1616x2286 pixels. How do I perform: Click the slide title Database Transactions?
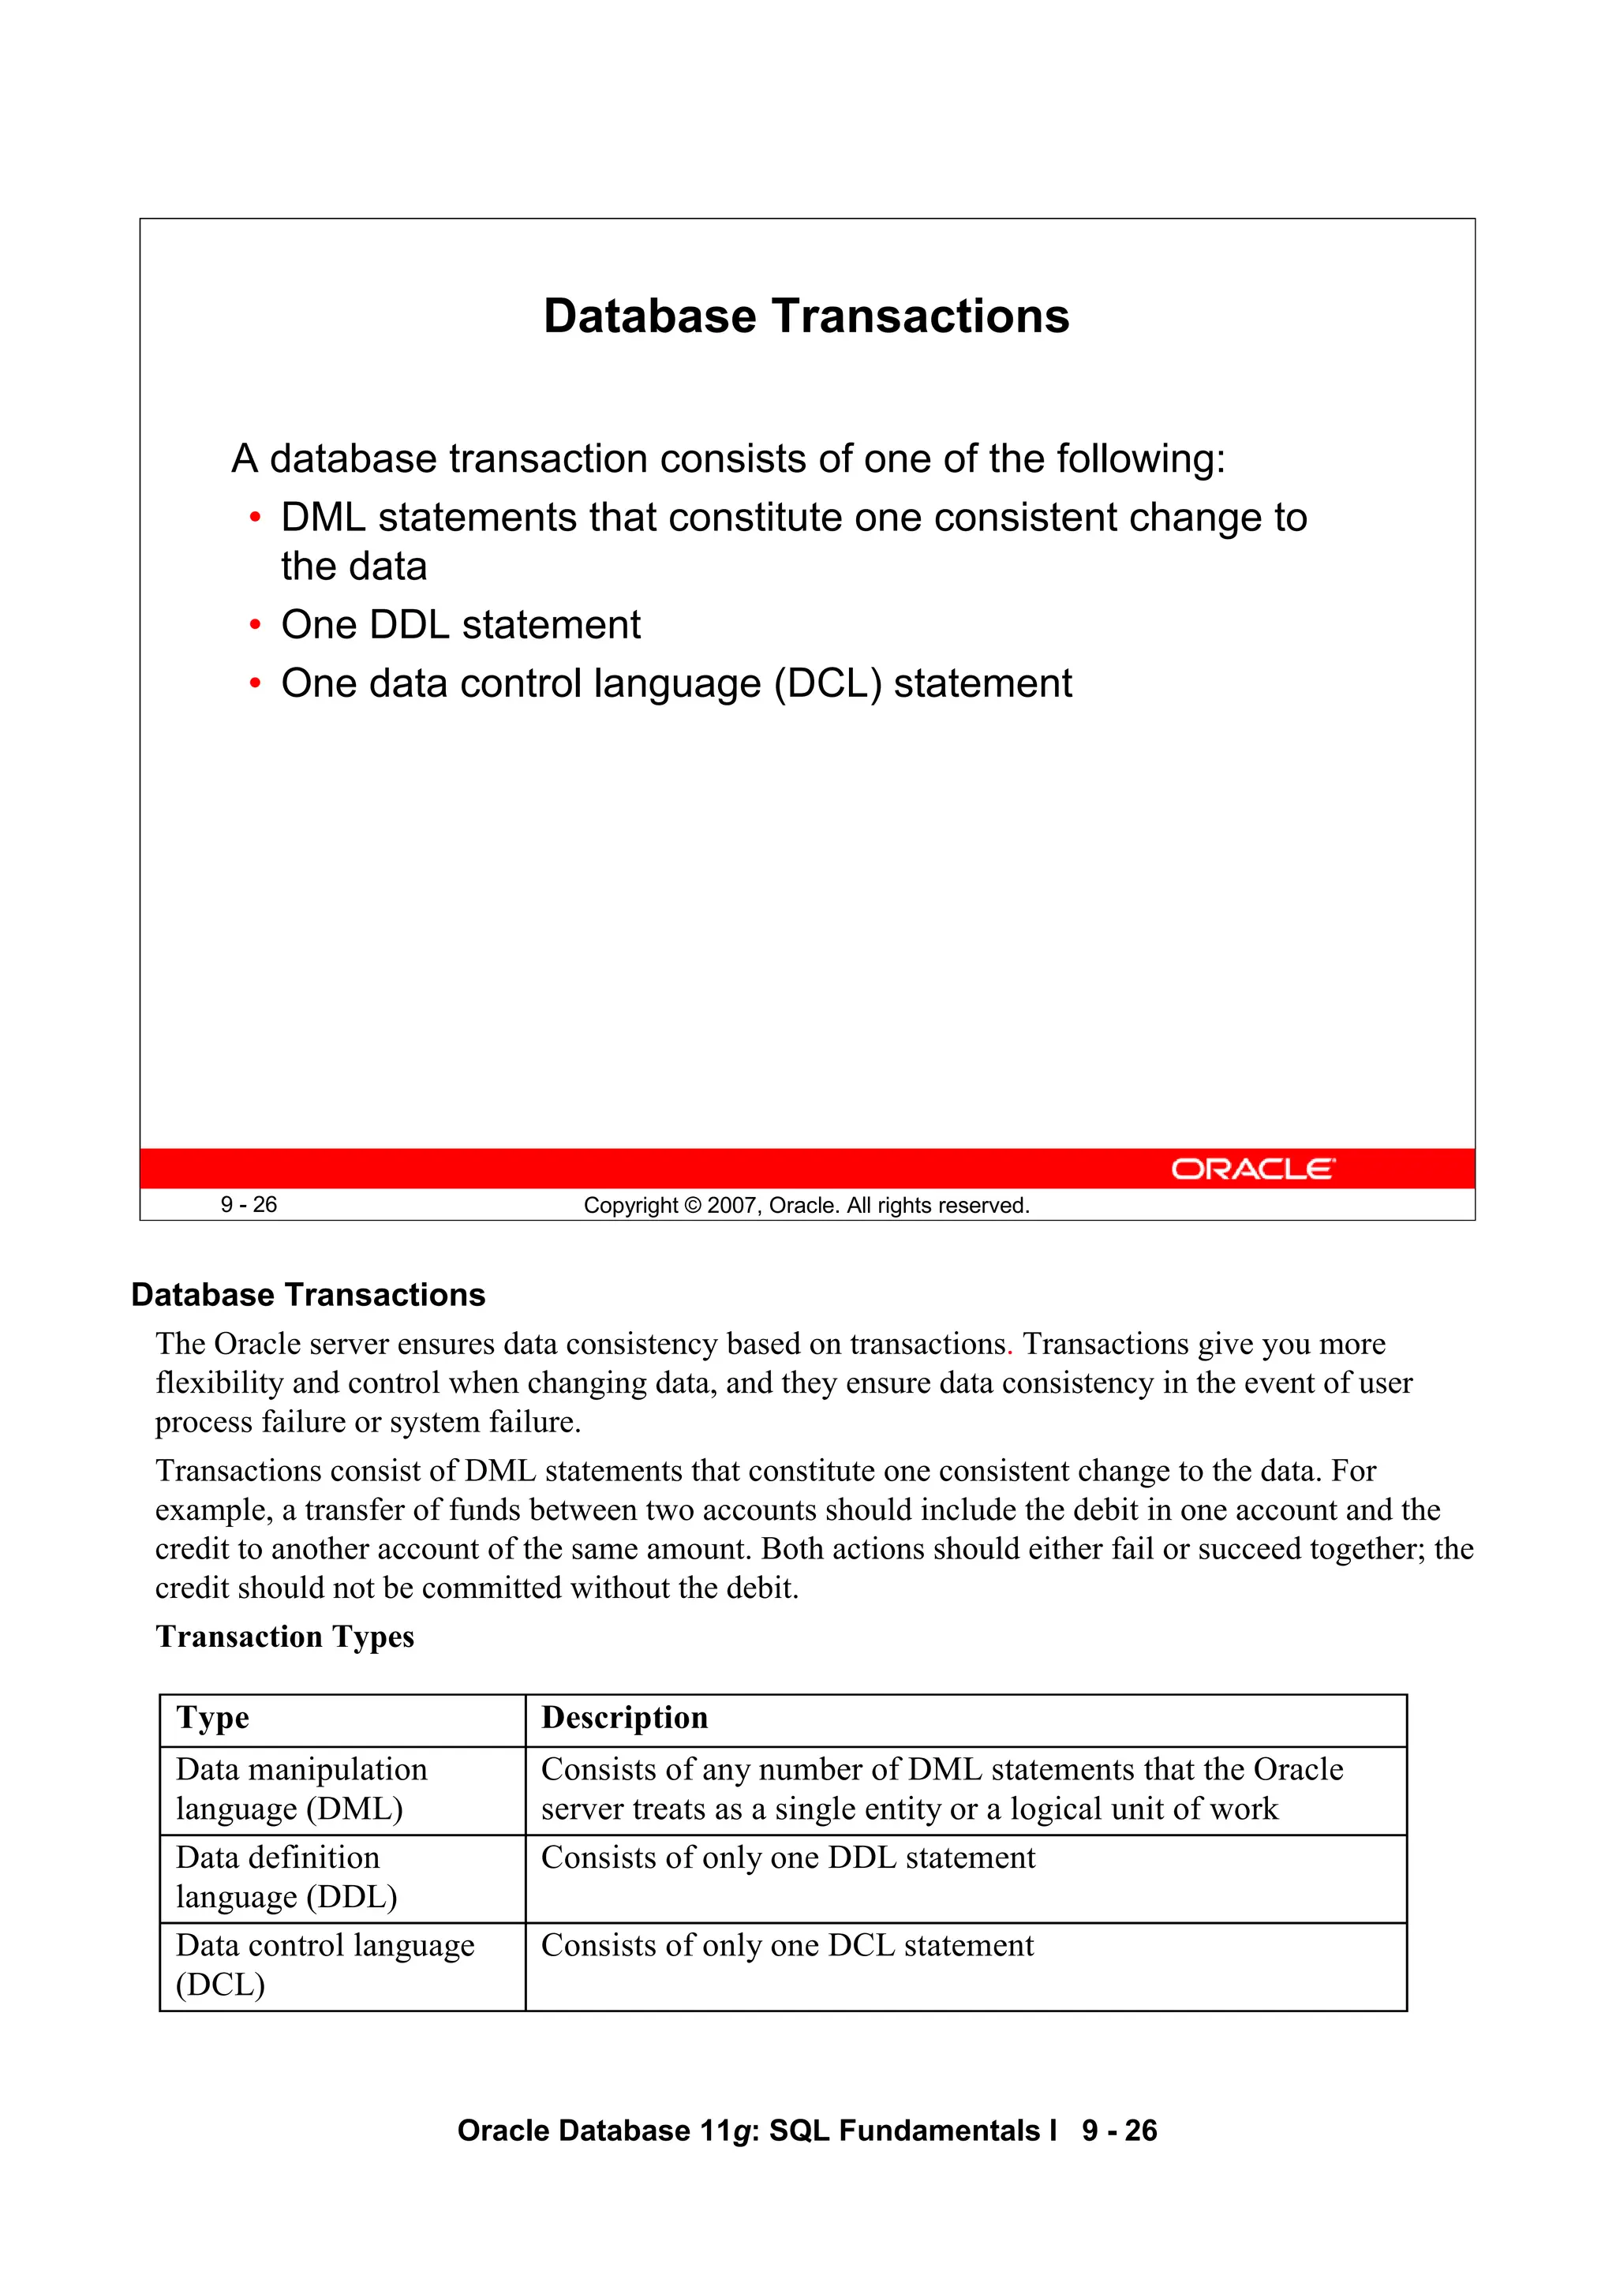click(806, 316)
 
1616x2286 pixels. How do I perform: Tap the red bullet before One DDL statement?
click(255, 625)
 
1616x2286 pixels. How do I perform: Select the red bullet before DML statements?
click(255, 518)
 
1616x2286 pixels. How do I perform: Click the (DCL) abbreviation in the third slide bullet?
click(828, 684)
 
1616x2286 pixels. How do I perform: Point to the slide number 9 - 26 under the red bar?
click(249, 1205)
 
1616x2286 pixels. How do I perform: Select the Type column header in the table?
click(213, 1718)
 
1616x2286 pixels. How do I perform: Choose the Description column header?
click(624, 1718)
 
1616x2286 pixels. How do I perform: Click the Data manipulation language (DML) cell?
click(301, 1788)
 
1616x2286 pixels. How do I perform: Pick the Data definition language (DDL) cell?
click(286, 1876)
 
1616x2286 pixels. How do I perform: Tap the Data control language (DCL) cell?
click(324, 1964)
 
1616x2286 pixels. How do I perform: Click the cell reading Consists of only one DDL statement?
click(787, 1858)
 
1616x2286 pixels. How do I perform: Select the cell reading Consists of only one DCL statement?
click(787, 1945)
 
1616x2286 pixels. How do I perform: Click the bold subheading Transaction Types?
click(285, 1637)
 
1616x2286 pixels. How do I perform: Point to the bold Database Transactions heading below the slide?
click(309, 1294)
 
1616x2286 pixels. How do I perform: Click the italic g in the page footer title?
click(740, 2131)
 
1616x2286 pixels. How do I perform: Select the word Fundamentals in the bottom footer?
click(941, 2130)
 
